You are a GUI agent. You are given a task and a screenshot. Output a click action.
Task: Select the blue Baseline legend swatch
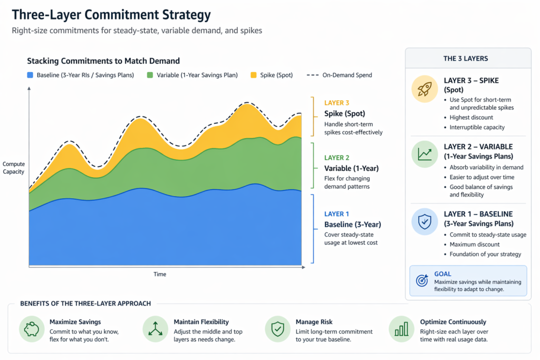30,75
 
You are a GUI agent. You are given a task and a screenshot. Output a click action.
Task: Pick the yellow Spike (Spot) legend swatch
254,75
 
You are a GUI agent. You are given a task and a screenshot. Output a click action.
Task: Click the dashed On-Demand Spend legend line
313,75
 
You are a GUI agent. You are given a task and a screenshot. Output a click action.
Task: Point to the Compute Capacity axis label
13,168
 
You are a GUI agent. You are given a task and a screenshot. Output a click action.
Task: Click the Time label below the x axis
160,274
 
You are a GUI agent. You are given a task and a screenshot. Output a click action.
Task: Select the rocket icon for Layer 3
425,90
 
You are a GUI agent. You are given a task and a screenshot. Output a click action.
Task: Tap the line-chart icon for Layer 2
425,154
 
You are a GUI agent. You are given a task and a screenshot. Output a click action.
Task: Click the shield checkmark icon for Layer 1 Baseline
425,222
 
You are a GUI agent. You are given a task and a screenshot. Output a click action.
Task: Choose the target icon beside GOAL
422,281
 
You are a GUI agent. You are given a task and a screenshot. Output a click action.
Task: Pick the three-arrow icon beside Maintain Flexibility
156,330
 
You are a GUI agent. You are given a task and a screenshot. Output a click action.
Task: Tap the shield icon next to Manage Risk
277,330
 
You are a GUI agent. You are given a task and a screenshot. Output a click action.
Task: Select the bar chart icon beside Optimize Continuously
402,330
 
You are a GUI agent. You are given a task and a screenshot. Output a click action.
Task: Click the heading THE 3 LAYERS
465,59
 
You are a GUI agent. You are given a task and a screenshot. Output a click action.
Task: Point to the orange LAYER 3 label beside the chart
336,103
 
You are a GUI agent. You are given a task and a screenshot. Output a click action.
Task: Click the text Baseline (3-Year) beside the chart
352,225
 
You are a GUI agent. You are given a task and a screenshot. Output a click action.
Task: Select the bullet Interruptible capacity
477,127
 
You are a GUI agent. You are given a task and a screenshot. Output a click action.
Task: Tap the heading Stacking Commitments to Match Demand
103,61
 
